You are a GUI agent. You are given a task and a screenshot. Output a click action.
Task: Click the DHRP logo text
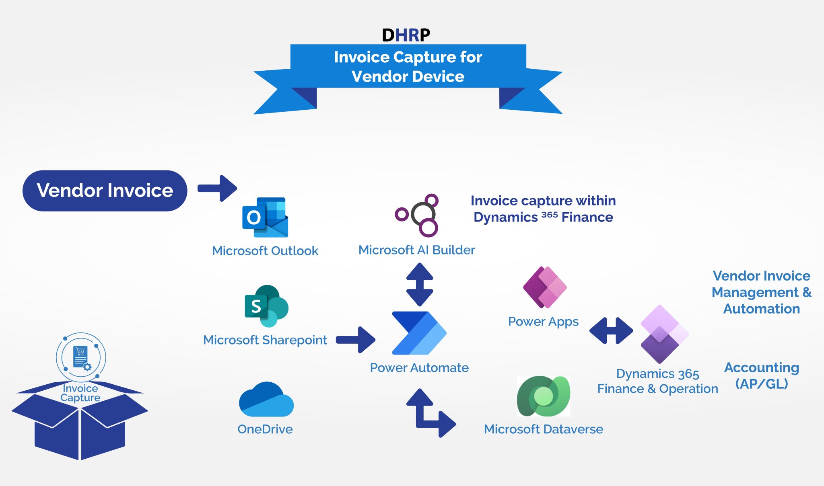click(406, 35)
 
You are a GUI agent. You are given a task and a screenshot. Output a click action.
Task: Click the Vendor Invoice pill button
click(105, 191)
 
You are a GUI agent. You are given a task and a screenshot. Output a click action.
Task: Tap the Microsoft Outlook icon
click(265, 217)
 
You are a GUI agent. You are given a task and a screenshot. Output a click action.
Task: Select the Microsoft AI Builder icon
click(417, 215)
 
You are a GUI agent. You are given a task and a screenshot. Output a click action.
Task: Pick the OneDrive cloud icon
click(266, 400)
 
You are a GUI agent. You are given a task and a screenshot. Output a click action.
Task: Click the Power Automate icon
click(419, 333)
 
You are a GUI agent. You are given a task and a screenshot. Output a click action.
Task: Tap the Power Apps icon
click(545, 287)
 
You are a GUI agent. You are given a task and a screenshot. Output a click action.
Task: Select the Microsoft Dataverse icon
click(543, 396)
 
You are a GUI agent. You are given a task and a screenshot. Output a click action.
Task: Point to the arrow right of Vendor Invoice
click(218, 188)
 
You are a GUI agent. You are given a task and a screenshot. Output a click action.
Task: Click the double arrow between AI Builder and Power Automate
click(420, 284)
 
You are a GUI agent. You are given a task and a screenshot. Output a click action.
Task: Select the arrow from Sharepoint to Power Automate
click(356, 340)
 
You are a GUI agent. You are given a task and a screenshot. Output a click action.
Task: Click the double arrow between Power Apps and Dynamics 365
click(611, 331)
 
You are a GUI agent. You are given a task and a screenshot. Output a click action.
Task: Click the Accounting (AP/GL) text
click(761, 375)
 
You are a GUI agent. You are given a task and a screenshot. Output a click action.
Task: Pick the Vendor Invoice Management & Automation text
click(761, 292)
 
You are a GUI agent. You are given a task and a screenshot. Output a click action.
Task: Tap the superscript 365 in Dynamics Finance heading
click(549, 215)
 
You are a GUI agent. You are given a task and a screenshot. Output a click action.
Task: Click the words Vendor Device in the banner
click(408, 76)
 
